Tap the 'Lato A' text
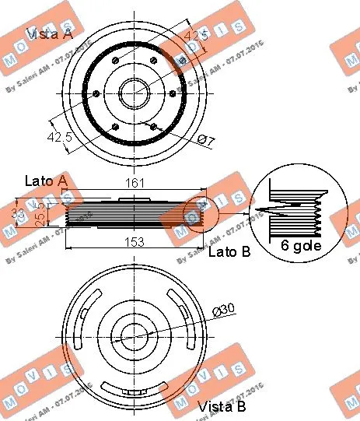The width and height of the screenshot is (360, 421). (45, 182)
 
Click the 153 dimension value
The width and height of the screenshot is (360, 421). (134, 241)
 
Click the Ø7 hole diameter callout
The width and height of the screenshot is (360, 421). (207, 140)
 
